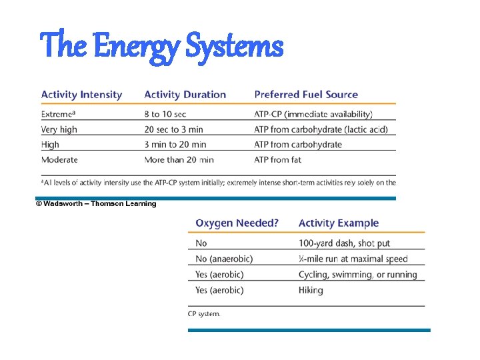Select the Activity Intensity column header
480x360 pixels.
coord(81,95)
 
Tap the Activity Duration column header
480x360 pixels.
coord(185,95)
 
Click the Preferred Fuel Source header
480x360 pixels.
coord(306,95)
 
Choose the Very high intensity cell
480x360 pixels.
coord(59,129)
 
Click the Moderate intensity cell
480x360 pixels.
coord(59,159)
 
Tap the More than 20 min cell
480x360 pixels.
coord(179,159)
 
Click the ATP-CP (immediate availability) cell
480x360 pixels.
coord(313,115)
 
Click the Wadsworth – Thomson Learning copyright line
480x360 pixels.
coord(96,203)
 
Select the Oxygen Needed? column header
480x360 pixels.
coord(237,223)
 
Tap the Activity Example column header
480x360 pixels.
coord(338,223)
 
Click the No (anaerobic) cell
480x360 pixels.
coord(224,259)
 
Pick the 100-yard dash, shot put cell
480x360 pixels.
coord(343,243)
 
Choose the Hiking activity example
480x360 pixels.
coord(311,290)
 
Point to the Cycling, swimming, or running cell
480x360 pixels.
coord(357,274)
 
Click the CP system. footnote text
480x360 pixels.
coord(204,313)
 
